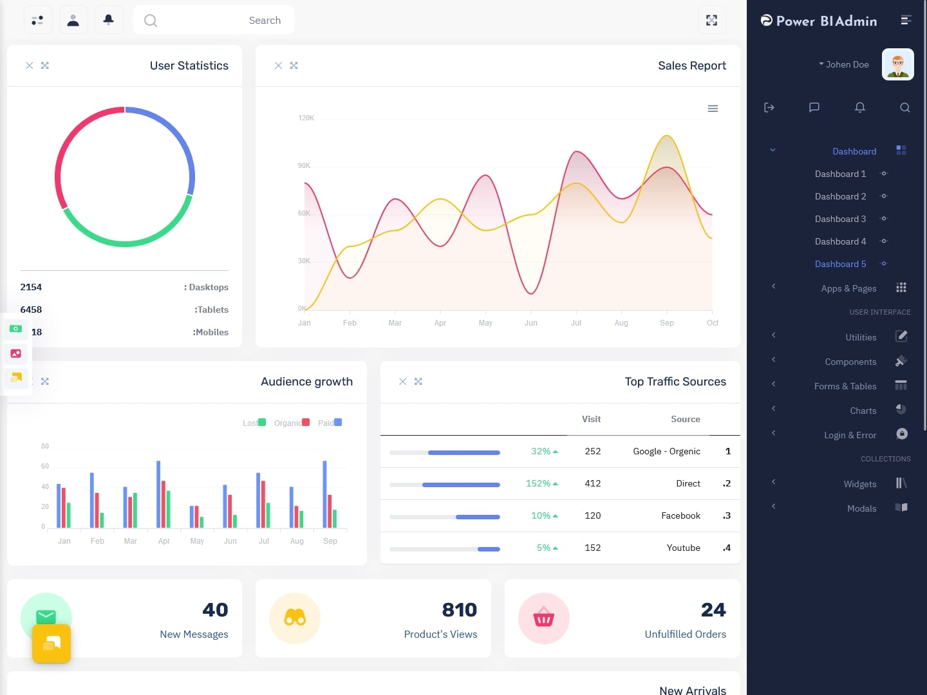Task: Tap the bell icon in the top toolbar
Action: click(109, 20)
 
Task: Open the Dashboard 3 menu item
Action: click(840, 219)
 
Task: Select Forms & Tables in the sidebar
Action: click(845, 386)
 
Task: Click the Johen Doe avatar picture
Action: click(897, 64)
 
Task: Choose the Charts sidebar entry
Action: click(863, 411)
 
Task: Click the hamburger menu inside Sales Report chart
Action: click(713, 109)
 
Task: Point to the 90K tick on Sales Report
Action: click(304, 165)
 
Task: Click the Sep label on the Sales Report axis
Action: click(667, 323)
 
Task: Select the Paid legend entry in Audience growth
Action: click(330, 423)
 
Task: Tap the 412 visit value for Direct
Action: click(592, 483)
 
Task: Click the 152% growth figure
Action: click(538, 483)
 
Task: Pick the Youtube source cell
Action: click(683, 548)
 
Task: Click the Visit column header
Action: click(591, 419)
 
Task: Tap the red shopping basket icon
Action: click(544, 618)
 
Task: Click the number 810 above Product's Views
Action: click(459, 609)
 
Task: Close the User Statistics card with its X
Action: click(29, 66)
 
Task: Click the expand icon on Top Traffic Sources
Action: click(418, 382)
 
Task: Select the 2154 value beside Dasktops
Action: click(31, 287)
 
